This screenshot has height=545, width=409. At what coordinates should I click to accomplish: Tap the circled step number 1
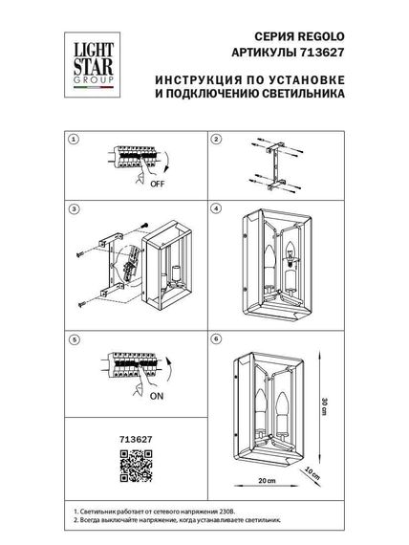pyautogui.click(x=72, y=140)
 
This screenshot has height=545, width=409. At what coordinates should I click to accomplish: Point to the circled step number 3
pyautogui.click(x=72, y=207)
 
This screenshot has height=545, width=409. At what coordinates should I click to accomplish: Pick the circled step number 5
pyautogui.click(x=72, y=338)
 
